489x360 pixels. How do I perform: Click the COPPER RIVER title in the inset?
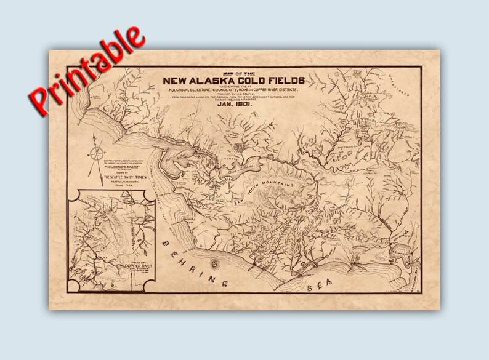coord(138,267)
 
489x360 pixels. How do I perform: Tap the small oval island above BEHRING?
coord(214,263)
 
